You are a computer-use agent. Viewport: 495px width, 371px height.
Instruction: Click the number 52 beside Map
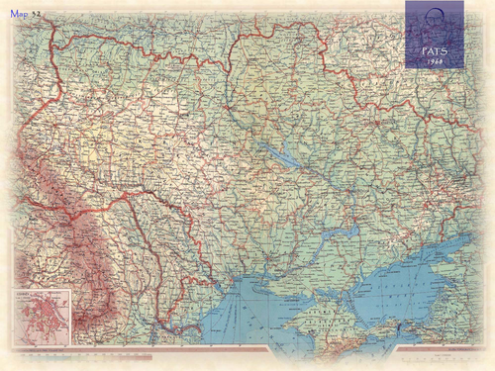(37, 15)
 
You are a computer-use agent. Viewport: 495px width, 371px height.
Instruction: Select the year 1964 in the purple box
(434, 59)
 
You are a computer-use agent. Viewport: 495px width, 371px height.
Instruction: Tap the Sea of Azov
(396, 282)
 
